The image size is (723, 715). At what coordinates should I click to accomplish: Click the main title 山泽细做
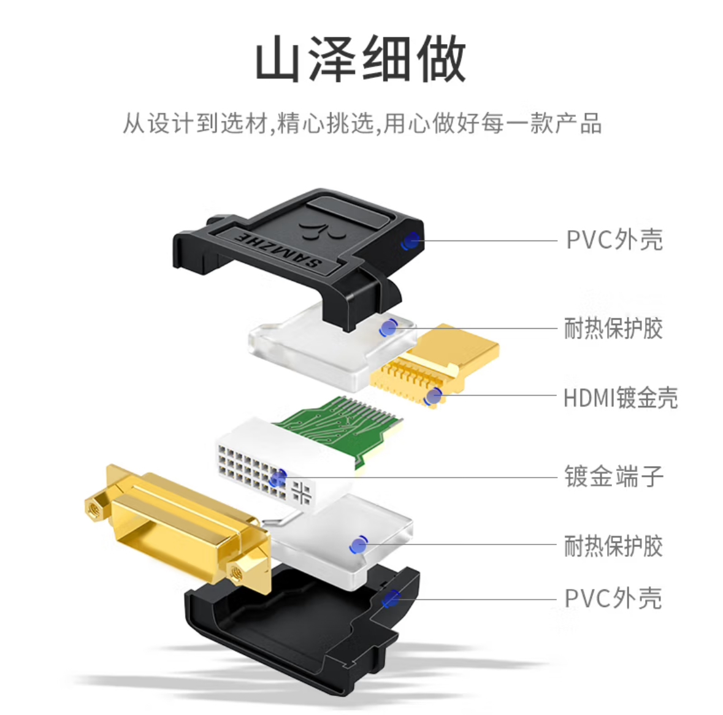point(361,58)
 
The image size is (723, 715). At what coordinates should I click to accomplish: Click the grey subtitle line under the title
point(362,123)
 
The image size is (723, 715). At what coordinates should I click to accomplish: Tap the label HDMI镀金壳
point(621,398)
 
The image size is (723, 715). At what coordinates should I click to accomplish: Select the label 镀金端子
point(614,476)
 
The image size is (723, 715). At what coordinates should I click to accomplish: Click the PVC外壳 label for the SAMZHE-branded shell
point(614,239)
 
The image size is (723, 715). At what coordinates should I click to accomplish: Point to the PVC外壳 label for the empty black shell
point(613,598)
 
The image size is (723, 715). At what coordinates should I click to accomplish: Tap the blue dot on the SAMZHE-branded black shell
point(410,240)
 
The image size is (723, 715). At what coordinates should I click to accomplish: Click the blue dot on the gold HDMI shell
point(434,397)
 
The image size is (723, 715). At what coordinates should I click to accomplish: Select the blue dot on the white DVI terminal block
point(278,478)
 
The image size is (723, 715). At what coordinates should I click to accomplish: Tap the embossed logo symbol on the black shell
point(321,230)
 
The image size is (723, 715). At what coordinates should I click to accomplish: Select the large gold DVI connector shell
point(180,526)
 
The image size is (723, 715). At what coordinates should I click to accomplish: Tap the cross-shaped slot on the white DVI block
point(302,493)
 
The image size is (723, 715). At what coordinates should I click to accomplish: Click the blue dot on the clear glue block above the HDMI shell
point(389,328)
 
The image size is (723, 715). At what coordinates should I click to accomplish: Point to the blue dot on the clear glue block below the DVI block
point(358,545)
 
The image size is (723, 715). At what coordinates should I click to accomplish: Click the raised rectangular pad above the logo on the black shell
point(350,210)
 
